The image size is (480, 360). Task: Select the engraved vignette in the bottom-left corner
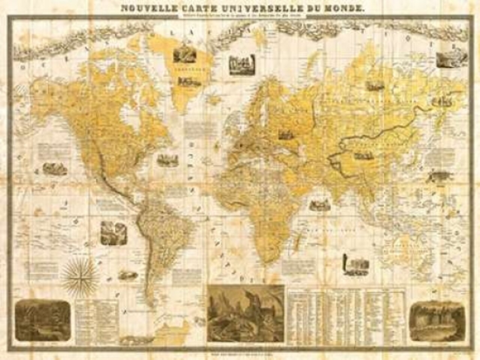(x=42, y=321)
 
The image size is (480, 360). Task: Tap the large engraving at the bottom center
(x=246, y=314)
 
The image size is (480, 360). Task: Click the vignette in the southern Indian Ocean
(x=356, y=264)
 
